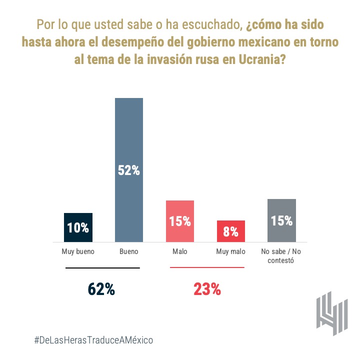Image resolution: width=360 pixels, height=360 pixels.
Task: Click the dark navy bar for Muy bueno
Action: [78, 227]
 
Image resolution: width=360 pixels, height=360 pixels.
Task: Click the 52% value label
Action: [129, 170]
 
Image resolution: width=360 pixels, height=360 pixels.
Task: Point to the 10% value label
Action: [78, 228]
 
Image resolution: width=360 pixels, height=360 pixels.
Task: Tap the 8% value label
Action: [230, 232]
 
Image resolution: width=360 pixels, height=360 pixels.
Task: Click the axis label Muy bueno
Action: [78, 251]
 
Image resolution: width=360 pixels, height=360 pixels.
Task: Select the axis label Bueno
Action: [129, 251]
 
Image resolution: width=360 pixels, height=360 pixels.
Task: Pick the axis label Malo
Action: [180, 251]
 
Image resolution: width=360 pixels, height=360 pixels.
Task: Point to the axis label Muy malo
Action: [230, 251]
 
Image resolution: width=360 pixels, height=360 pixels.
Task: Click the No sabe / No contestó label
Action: [281, 256]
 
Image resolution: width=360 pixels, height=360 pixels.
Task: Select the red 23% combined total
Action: [207, 289]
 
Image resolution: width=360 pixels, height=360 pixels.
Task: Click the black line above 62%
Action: [102, 268]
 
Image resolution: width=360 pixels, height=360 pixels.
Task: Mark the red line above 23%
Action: [207, 267]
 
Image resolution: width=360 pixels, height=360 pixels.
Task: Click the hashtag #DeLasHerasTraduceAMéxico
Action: [93, 340]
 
